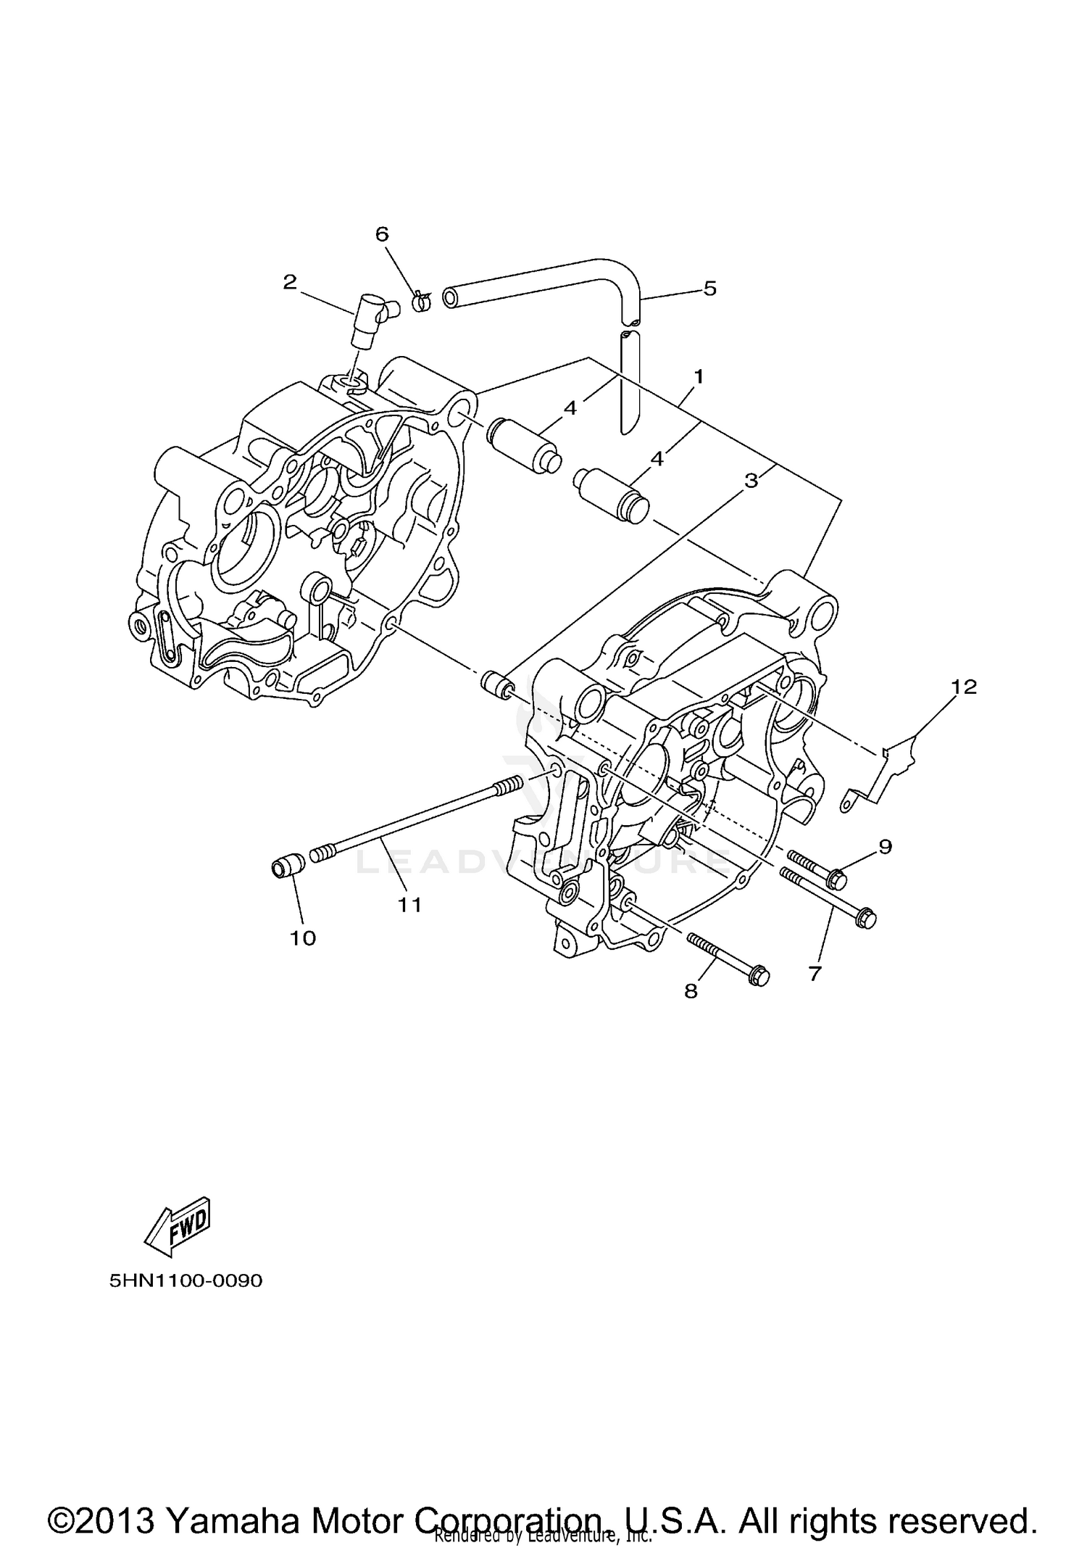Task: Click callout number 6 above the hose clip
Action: [382, 234]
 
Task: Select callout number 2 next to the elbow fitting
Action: [290, 282]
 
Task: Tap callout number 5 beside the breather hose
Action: [709, 288]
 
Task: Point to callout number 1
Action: [699, 376]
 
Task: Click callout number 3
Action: [751, 480]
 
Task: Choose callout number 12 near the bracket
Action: [965, 686]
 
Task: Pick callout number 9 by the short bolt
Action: [886, 845]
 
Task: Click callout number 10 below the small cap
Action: [303, 938]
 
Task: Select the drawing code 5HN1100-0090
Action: [186, 1280]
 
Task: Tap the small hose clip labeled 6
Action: [421, 300]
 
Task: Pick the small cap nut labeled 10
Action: [285, 866]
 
